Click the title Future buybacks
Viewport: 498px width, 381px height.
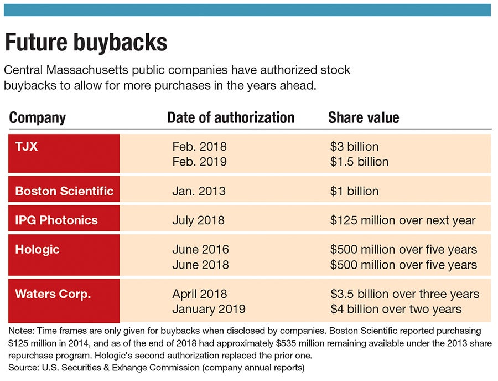pos(86,42)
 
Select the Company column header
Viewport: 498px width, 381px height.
pos(38,117)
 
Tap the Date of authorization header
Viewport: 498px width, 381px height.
pos(231,117)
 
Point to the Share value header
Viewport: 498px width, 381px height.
pos(364,117)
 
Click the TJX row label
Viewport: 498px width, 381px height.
pos(26,146)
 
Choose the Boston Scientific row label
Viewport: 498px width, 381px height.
pos(64,191)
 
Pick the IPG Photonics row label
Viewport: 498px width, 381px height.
pos(56,220)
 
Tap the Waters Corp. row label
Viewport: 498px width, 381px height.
pos(53,294)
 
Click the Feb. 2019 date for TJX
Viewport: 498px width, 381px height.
pos(199,162)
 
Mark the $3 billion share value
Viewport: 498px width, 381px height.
pos(355,147)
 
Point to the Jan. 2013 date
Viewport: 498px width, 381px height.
pos(199,191)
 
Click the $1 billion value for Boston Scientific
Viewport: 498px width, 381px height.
pos(355,191)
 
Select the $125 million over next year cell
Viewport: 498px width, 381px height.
pos(403,220)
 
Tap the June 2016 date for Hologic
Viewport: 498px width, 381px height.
pos(200,250)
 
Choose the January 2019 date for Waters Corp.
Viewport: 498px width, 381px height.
pos(209,309)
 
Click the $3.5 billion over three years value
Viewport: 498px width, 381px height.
pos(405,294)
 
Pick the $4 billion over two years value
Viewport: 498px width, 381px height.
pos(396,309)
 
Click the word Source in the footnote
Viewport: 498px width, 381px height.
pos(22,367)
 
